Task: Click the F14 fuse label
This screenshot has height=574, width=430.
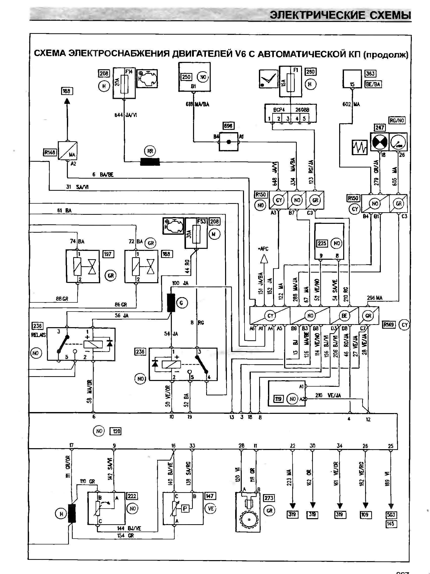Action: [x=129, y=71]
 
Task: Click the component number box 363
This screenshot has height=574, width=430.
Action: [x=370, y=74]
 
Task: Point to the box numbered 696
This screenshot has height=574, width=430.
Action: [x=228, y=126]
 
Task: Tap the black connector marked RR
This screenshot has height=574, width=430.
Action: [x=150, y=162]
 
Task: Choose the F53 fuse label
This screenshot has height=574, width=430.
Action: [x=201, y=221]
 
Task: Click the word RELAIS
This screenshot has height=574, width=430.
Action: [x=38, y=335]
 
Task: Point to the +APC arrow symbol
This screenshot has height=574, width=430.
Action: [x=264, y=258]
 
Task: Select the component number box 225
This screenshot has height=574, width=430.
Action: [x=322, y=243]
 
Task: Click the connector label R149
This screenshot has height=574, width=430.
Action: [x=389, y=324]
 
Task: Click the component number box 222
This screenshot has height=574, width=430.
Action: [x=132, y=496]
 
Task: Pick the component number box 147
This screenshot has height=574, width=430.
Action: [x=209, y=496]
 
